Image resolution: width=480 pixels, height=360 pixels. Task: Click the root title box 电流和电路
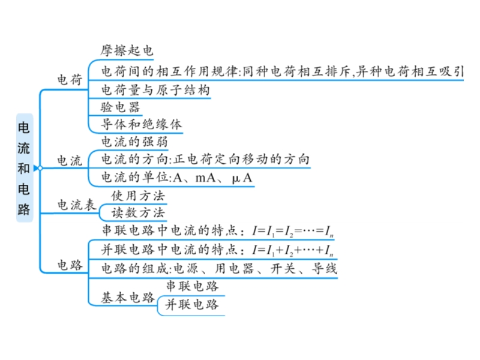[x=25, y=168]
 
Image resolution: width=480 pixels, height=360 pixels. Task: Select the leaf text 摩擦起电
[x=127, y=50]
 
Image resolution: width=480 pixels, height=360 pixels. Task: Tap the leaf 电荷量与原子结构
[x=155, y=90]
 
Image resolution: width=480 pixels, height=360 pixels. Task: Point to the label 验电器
[x=121, y=107]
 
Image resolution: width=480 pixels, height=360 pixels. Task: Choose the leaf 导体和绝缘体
[x=141, y=124]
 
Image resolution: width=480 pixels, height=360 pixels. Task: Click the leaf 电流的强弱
[x=134, y=142]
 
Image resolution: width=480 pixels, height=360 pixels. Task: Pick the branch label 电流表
[x=77, y=205]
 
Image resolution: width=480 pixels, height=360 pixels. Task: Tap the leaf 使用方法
[x=138, y=196]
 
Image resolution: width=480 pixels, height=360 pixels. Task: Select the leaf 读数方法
[x=138, y=212]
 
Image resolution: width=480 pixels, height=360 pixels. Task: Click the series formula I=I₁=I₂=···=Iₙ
[x=293, y=231]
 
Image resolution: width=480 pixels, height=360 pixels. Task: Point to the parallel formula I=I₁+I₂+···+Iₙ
[x=293, y=250]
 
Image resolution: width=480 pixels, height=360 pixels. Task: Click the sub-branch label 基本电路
[x=128, y=297]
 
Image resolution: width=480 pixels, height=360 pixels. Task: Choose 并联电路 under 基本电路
[x=192, y=304]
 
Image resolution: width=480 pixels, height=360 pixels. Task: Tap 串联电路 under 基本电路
[x=192, y=286]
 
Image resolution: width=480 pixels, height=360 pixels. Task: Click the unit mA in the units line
[x=205, y=178]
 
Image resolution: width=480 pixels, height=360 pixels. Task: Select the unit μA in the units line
[x=242, y=178]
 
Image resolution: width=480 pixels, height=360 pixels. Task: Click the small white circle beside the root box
[x=40, y=168]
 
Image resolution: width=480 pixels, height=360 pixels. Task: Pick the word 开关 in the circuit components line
[x=283, y=268]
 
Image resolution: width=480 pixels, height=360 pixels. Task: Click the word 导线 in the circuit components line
[x=324, y=268]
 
